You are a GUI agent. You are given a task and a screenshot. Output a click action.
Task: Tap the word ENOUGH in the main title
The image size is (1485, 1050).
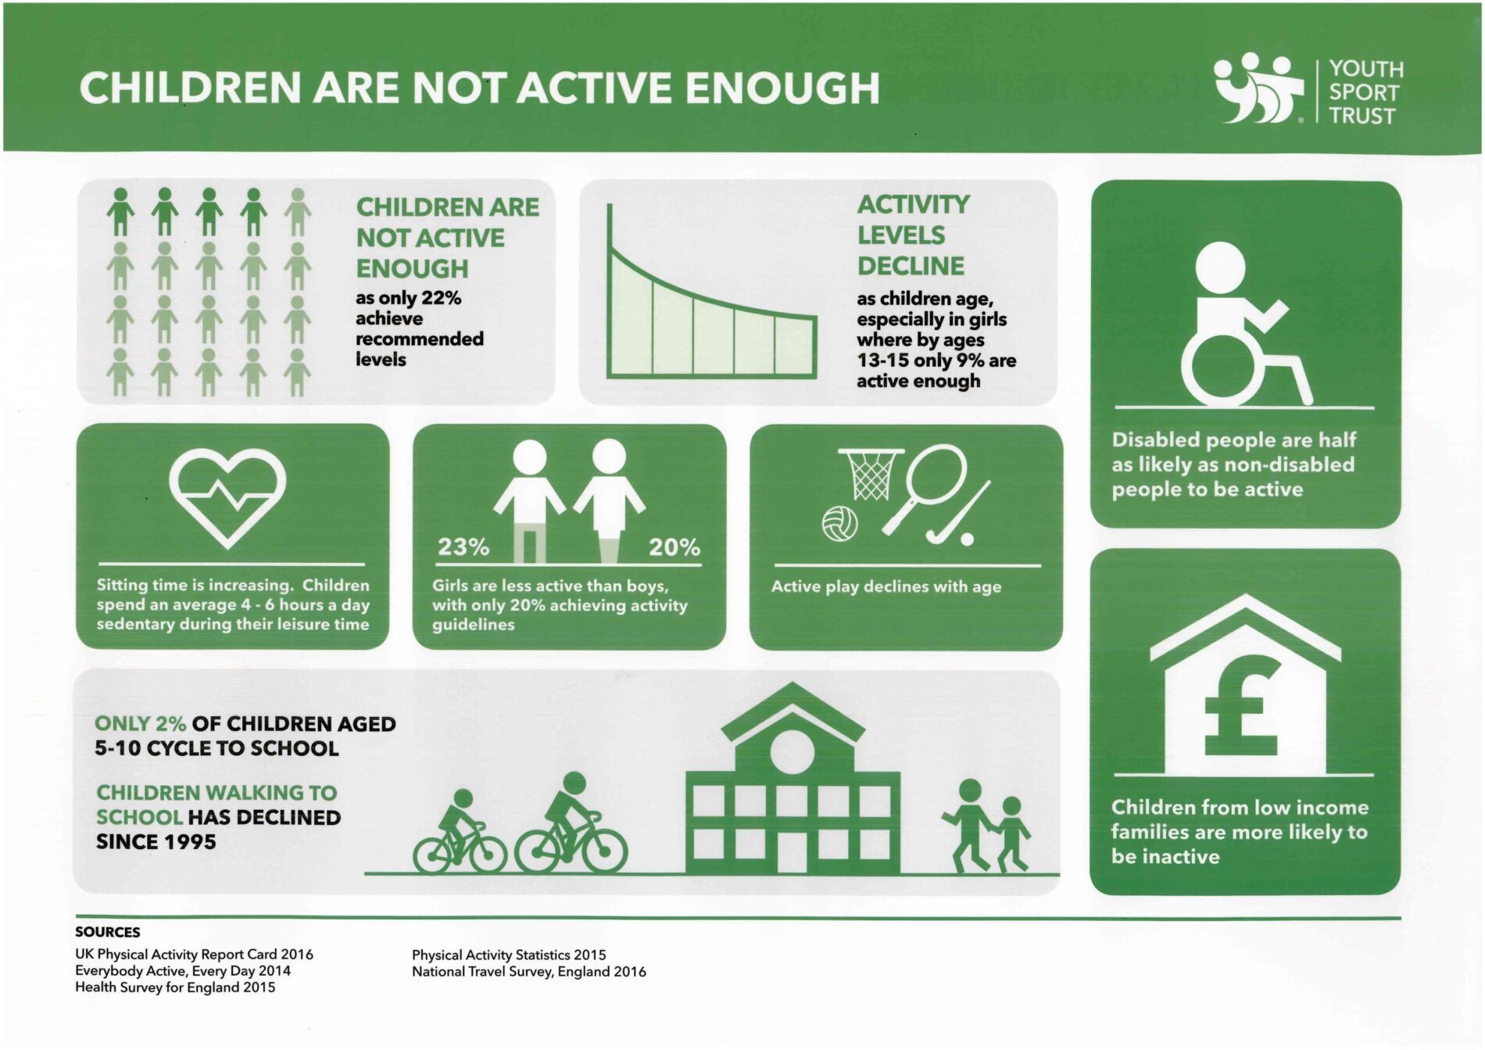tap(782, 88)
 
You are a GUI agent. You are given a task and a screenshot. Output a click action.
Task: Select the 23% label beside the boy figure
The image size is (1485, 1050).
tap(463, 547)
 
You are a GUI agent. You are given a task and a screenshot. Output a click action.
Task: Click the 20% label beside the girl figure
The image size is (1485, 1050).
tap(675, 547)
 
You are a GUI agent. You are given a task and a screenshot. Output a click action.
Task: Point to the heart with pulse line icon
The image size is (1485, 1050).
tap(228, 498)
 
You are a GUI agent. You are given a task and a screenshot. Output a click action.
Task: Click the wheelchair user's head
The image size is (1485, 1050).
tap(1220, 267)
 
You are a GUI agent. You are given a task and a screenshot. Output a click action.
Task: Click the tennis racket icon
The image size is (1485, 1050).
tap(925, 489)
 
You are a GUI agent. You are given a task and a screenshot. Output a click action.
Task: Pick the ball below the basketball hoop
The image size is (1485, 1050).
tap(840, 524)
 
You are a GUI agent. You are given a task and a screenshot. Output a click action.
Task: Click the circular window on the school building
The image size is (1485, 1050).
tap(793, 751)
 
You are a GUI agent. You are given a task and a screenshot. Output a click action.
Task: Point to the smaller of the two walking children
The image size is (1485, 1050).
tap(1012, 834)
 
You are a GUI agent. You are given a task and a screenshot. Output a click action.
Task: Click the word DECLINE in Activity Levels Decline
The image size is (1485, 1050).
tap(911, 266)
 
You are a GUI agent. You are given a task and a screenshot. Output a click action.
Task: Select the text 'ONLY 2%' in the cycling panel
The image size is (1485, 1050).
tap(140, 724)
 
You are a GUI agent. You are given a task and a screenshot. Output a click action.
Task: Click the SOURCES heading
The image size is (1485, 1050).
tap(108, 932)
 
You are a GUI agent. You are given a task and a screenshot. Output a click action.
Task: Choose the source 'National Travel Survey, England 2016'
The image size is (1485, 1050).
tap(529, 972)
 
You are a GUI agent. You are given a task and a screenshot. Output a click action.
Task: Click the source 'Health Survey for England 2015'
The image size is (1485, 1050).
tap(175, 987)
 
